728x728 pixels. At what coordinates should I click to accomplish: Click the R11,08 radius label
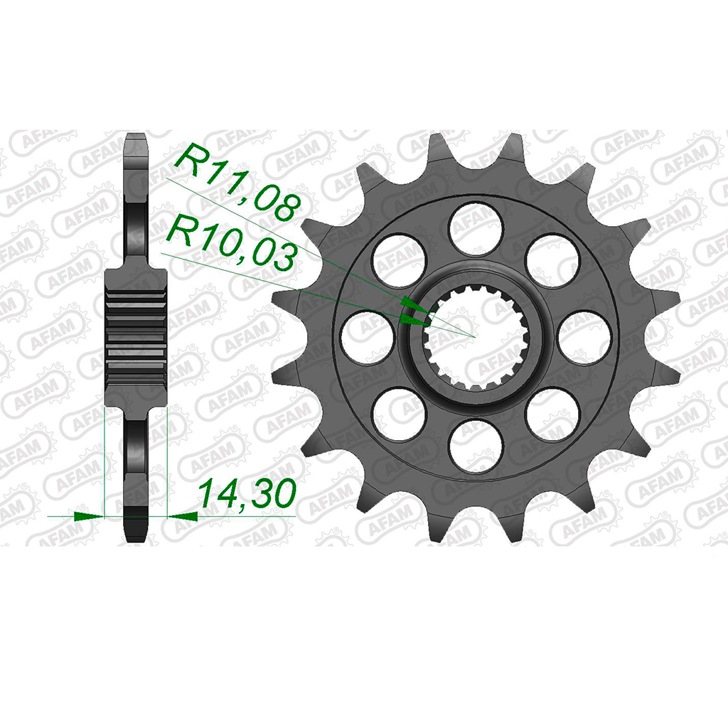click(x=236, y=182)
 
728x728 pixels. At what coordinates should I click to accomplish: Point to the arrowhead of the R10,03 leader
click(x=413, y=319)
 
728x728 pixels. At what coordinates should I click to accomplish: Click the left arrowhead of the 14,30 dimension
click(x=89, y=515)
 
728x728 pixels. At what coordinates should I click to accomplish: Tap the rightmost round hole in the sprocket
click(x=584, y=338)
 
